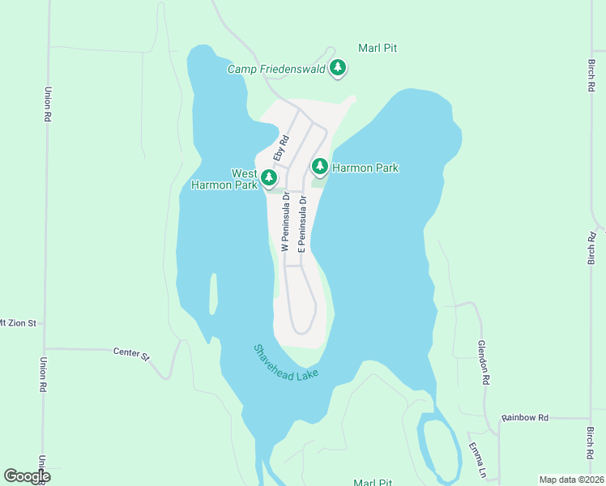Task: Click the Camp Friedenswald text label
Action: tap(276, 69)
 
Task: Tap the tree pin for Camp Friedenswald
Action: tap(338, 69)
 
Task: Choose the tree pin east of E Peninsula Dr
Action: tap(320, 167)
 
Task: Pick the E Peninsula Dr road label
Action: tap(301, 224)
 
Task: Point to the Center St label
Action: tap(132, 355)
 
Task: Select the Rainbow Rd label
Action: tap(525, 417)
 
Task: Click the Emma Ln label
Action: tap(480, 461)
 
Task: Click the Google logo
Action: tap(27, 475)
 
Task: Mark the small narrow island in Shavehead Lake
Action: tap(213, 293)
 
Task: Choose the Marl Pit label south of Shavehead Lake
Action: tap(373, 482)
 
